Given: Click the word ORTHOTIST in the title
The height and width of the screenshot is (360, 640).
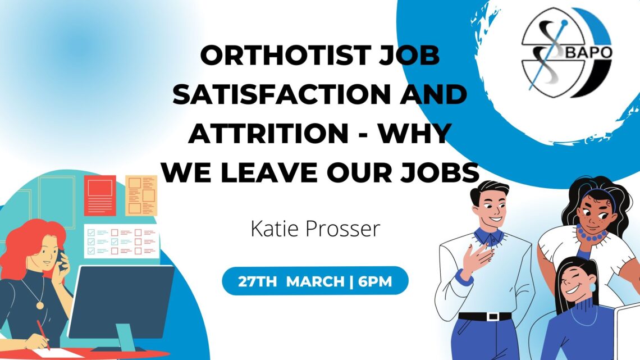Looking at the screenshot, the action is [285, 56].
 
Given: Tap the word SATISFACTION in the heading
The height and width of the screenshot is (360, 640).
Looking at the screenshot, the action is [282, 94].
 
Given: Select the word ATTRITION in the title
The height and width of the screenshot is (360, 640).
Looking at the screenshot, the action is [268, 133].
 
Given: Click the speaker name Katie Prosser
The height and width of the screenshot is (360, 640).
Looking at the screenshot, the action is [315, 229].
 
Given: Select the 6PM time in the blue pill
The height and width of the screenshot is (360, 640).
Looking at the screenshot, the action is [375, 281].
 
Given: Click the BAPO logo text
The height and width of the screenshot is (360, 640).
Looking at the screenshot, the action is [588, 52].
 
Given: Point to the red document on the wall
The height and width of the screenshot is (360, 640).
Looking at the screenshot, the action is [100, 195].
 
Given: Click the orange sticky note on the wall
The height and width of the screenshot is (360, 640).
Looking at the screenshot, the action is [141, 195].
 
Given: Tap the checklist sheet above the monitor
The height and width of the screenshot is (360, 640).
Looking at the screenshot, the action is [121, 241].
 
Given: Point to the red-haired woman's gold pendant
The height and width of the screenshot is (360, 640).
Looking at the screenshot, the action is [40, 305].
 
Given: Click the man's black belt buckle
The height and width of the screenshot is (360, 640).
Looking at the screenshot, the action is [493, 316].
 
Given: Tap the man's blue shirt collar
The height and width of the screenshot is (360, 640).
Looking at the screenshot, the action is [488, 237].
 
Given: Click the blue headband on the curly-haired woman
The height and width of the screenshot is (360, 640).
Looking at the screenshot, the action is [601, 195].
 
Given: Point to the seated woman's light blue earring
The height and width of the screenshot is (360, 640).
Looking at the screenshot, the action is [592, 287].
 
